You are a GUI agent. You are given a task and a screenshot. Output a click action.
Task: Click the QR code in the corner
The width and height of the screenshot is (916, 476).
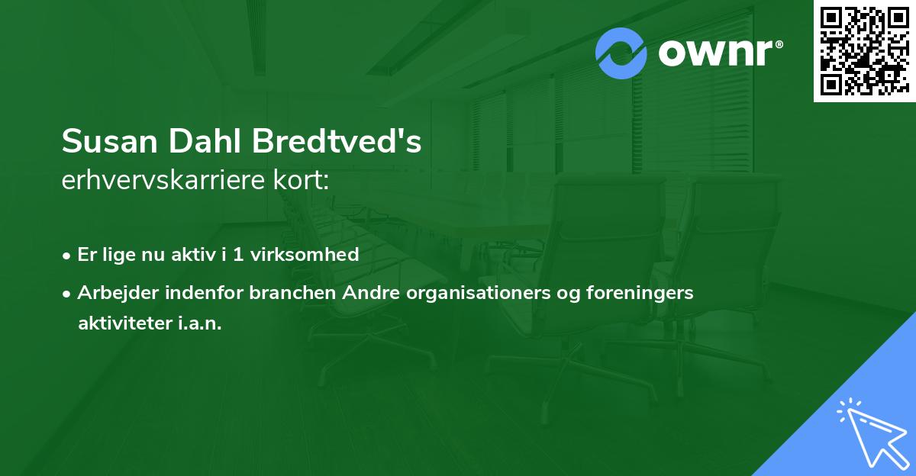pos(864,50)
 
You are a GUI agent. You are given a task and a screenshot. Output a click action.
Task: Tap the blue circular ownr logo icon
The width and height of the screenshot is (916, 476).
pos(621,53)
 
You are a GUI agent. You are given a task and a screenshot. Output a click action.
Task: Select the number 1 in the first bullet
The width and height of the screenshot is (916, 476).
pos(238,255)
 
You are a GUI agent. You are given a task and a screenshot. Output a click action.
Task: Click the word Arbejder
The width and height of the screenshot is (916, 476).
pos(114,293)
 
